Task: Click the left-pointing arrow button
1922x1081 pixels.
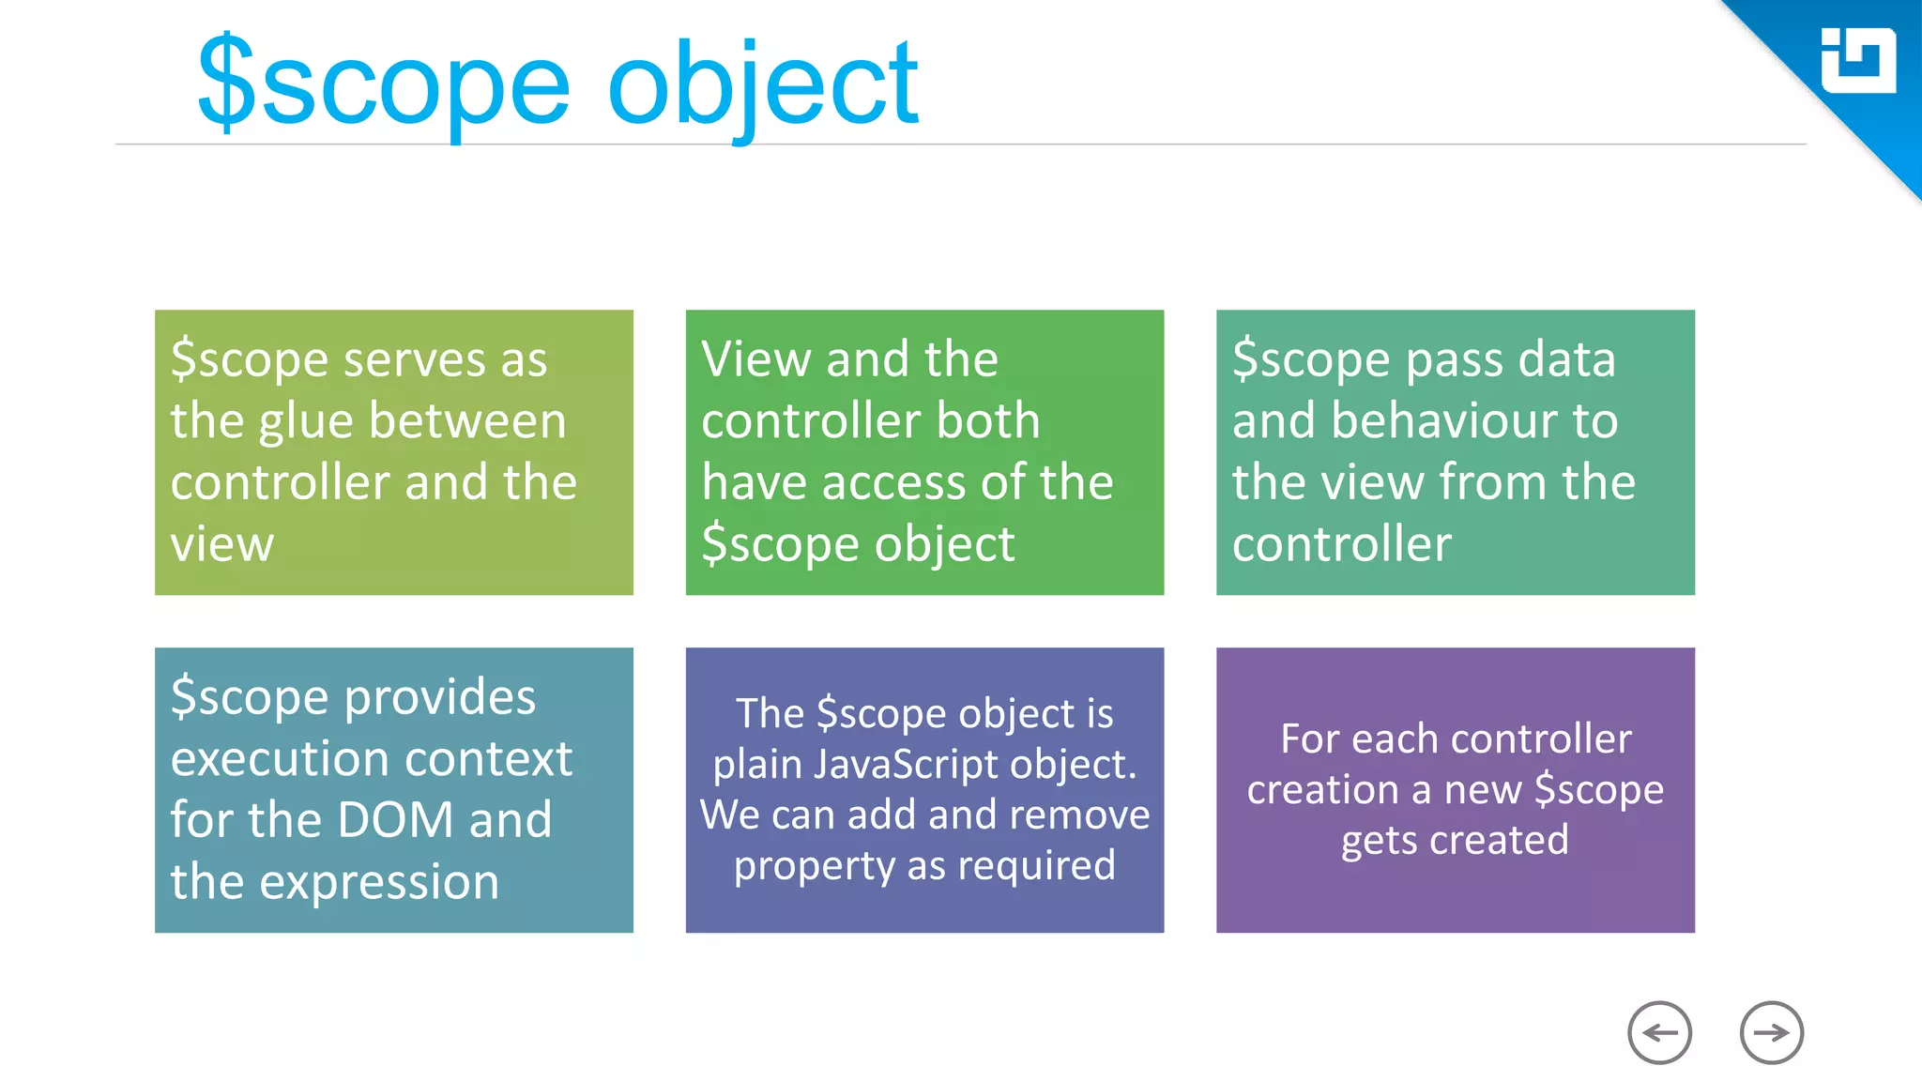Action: [x=1659, y=1033]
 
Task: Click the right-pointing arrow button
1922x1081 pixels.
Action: [x=1771, y=1033]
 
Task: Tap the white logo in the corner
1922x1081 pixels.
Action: [x=1857, y=61]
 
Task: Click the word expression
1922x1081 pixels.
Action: [x=378, y=882]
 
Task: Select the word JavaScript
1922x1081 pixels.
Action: [x=906, y=765]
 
